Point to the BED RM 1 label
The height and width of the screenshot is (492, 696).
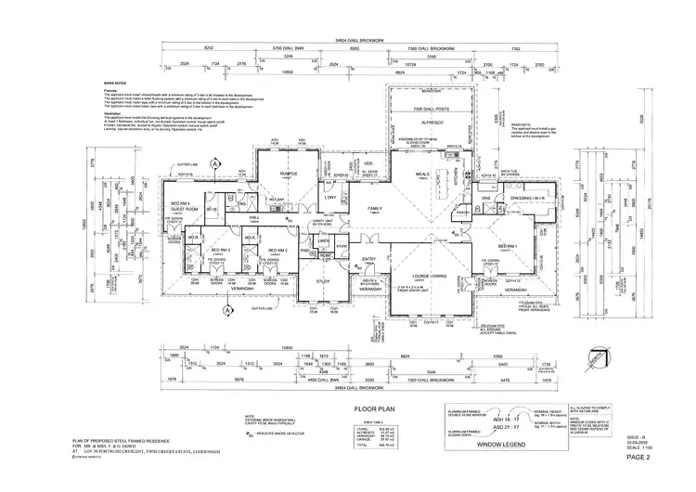(508, 246)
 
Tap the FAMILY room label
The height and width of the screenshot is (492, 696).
(375, 208)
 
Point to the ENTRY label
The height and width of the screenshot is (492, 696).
(368, 259)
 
